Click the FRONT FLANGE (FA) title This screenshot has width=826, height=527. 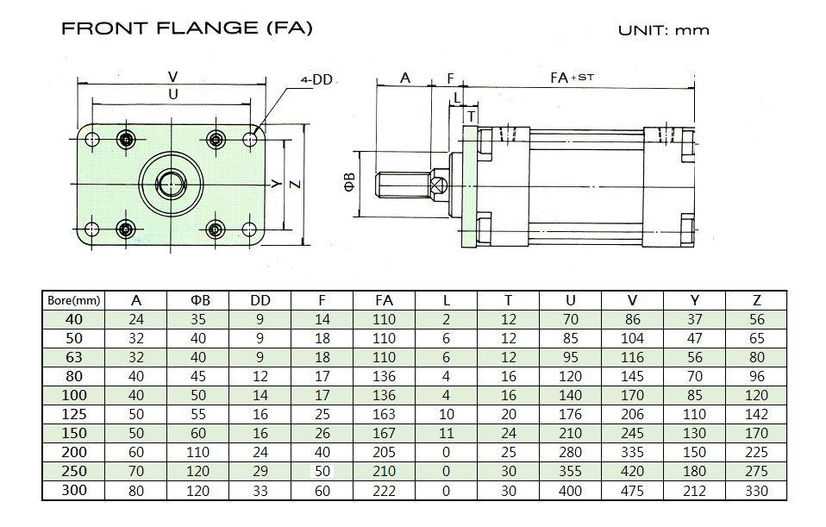[187, 28]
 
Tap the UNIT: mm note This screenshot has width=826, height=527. [664, 30]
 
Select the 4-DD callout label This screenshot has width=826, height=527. [316, 79]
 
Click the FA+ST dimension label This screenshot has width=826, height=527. [573, 78]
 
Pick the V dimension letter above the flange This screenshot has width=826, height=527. [172, 77]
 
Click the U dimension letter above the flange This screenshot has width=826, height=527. [172, 94]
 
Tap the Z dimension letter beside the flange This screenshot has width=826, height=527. [296, 185]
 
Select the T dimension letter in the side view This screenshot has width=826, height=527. [471, 116]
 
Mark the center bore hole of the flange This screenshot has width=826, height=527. [172, 184]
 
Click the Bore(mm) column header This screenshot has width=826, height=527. [74, 300]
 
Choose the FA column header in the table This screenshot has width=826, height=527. [384, 300]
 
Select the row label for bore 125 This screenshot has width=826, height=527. [74, 414]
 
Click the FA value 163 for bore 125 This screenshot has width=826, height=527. [384, 414]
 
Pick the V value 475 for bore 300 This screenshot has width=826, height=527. [632, 491]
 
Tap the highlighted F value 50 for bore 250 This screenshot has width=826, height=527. [322, 471]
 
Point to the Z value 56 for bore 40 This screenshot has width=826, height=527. [756, 319]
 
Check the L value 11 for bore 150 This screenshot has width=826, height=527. [446, 433]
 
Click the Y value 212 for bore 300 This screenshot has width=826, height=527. [694, 491]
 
